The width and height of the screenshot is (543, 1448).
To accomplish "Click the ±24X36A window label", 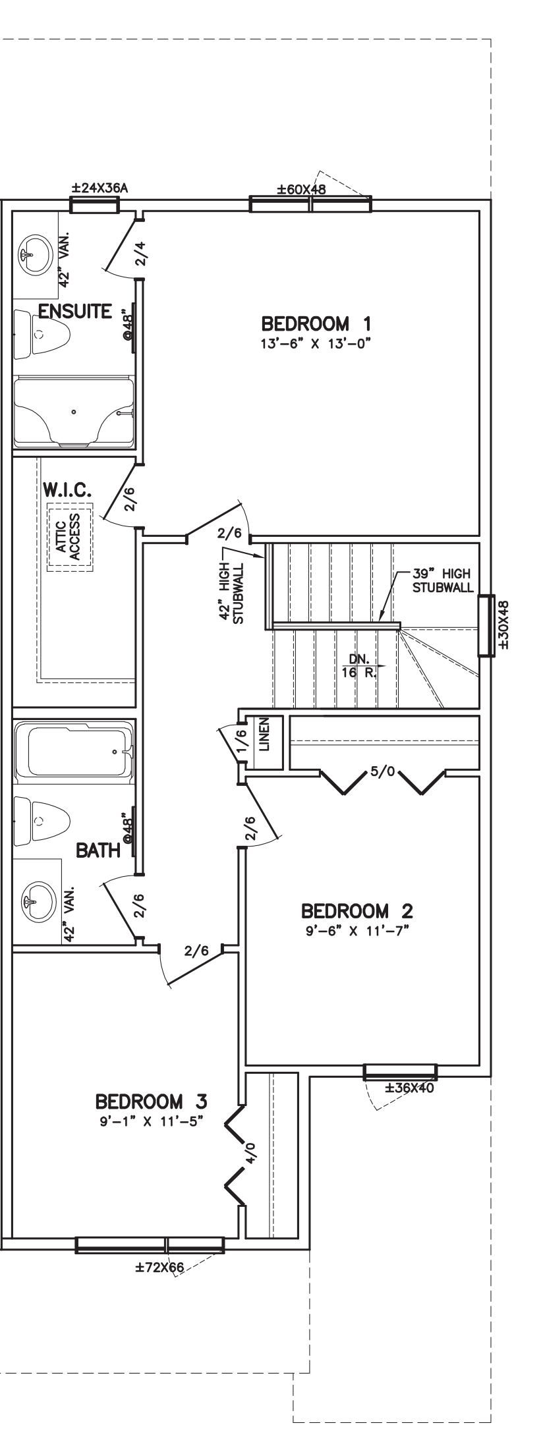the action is [100, 188].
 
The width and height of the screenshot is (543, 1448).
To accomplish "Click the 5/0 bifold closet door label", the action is [382, 771].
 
